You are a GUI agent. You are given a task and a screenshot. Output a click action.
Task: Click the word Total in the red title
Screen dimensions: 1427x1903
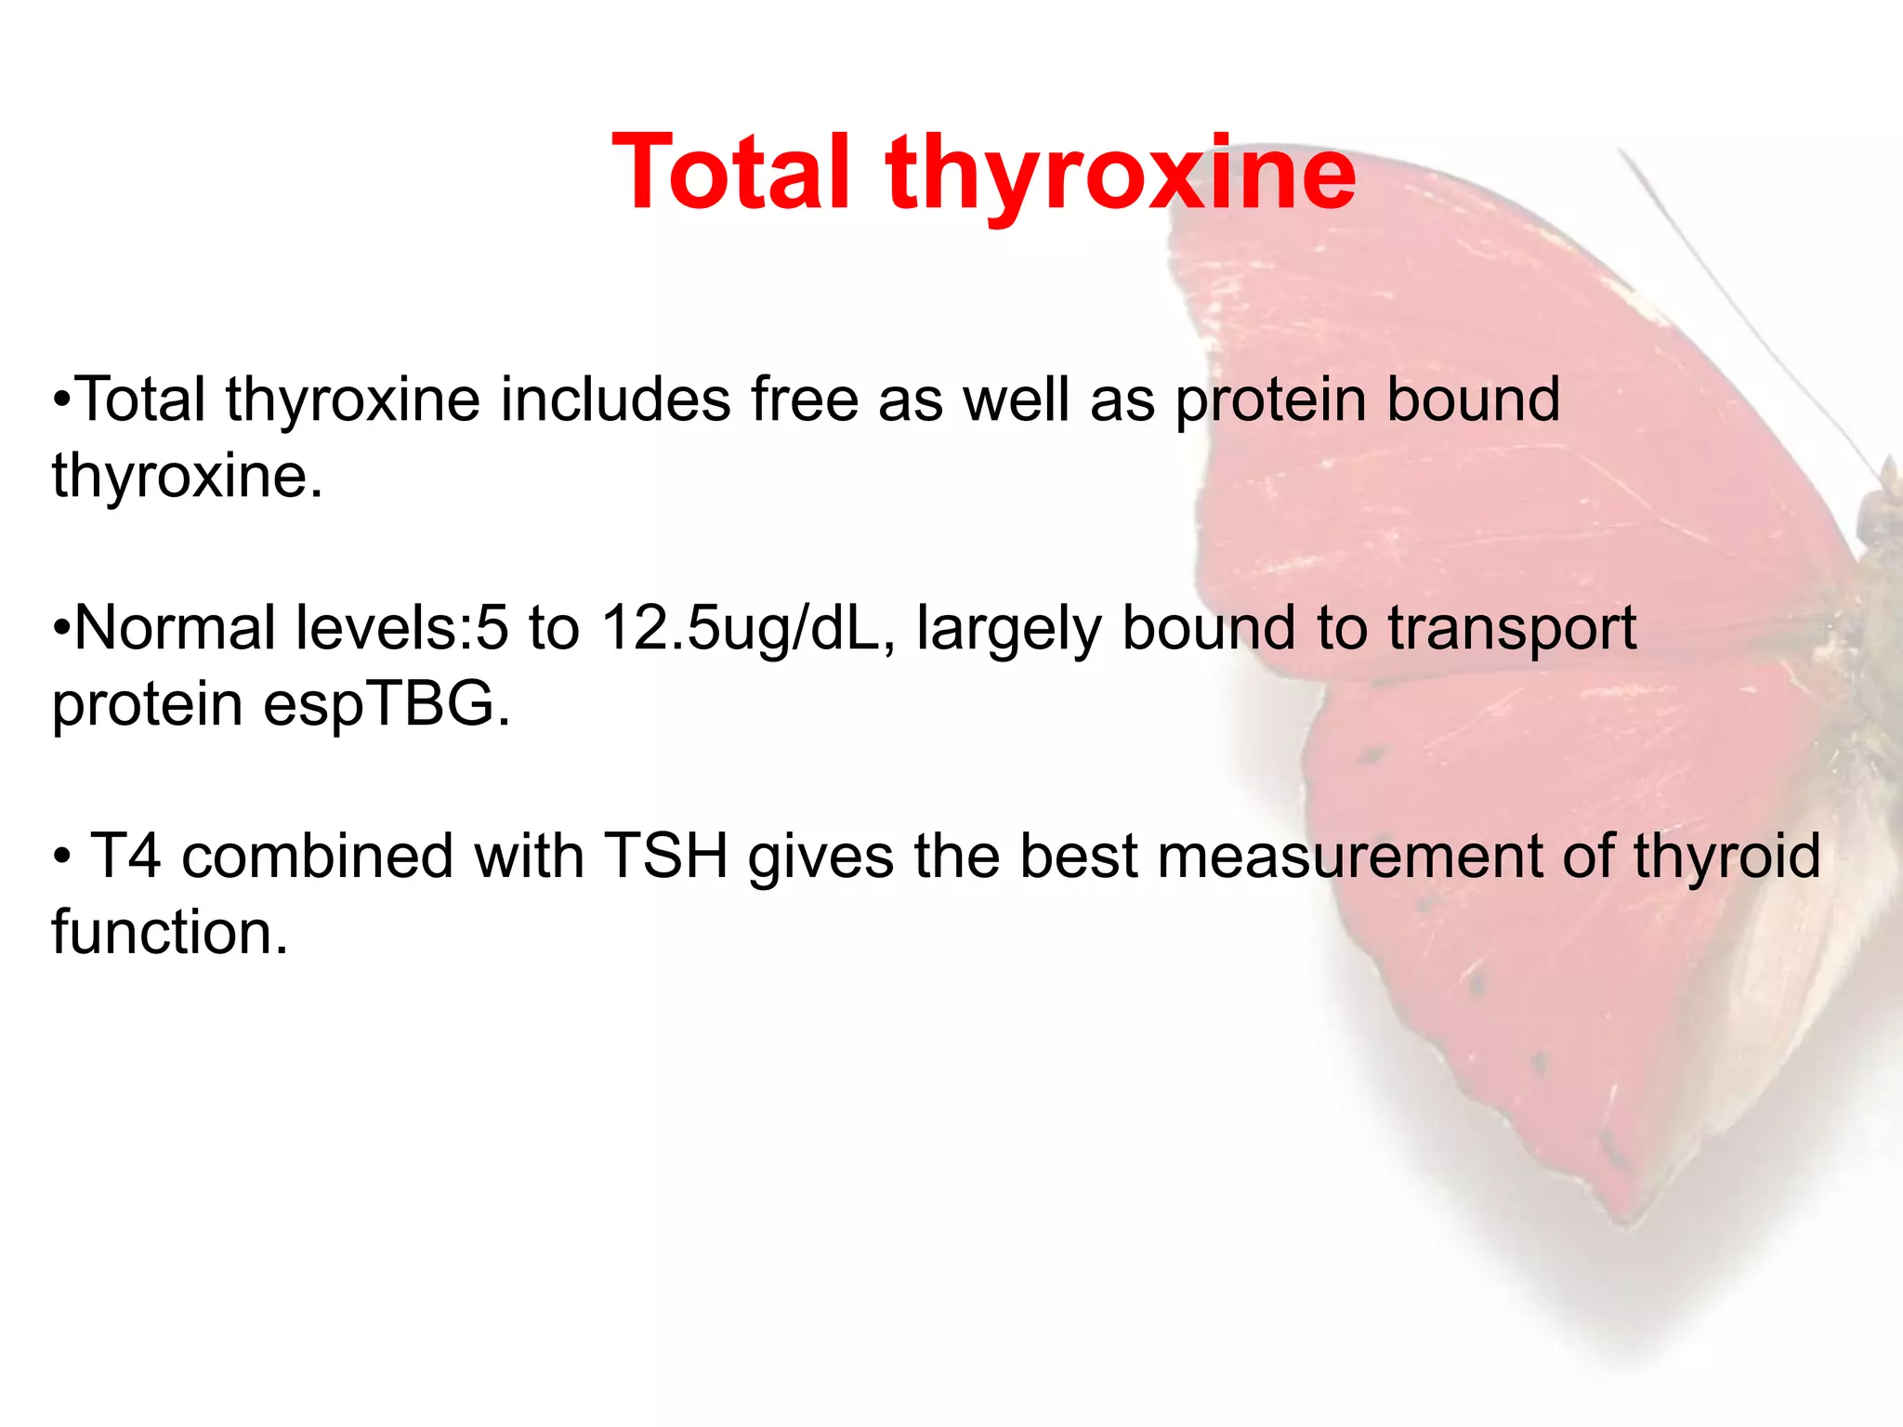(x=730, y=172)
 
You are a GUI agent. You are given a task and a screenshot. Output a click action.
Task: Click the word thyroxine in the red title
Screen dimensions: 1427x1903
(x=1121, y=177)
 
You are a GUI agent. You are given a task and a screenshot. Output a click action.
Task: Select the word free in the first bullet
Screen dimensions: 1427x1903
(x=805, y=399)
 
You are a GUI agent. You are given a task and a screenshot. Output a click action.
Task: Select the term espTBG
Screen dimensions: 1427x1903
(x=387, y=704)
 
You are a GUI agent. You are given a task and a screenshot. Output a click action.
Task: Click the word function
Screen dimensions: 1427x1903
(x=170, y=932)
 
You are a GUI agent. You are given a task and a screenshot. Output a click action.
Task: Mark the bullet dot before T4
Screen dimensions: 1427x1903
(x=61, y=856)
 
